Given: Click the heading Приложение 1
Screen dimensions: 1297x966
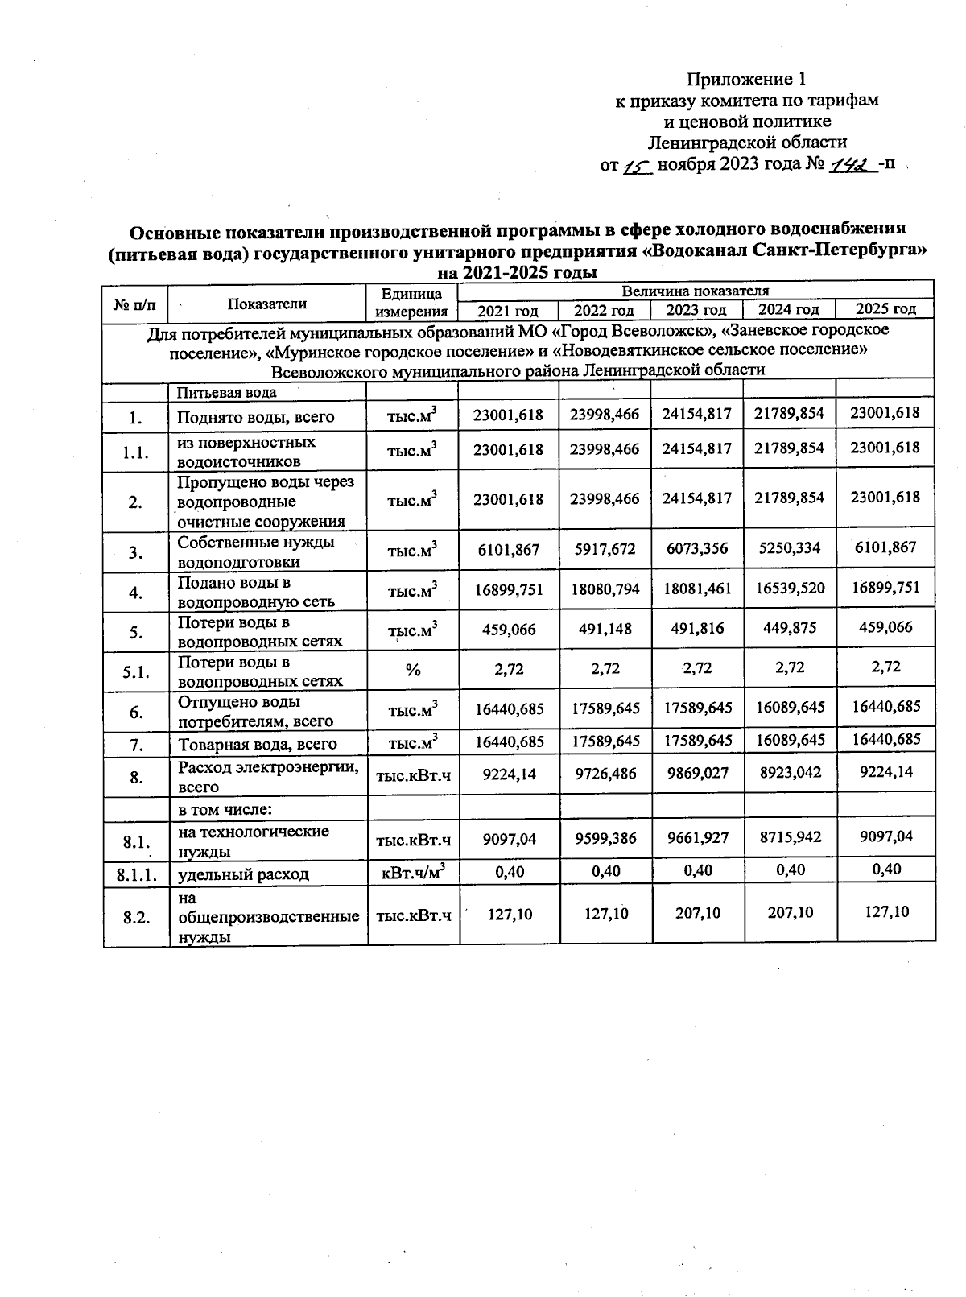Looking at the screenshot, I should tap(745, 79).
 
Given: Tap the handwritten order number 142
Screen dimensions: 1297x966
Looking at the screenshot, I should tap(851, 165).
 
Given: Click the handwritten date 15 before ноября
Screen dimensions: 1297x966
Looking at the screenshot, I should tap(637, 166).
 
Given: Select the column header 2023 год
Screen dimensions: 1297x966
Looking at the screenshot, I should tap(697, 310).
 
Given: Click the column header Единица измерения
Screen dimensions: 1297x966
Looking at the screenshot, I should tap(412, 303).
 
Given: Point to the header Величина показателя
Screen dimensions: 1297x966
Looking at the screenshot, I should tap(696, 291).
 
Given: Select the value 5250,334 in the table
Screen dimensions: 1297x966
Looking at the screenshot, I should tap(789, 548).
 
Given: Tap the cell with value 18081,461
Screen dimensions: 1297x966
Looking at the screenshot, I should tap(697, 589).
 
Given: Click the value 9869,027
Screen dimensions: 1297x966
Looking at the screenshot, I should tap(697, 773).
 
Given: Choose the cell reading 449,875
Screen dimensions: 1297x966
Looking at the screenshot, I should tap(789, 629).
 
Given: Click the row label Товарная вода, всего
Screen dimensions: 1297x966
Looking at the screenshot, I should tap(257, 744).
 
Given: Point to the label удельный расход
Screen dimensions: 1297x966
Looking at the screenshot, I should tap(243, 874).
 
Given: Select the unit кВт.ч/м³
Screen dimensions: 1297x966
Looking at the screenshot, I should tap(413, 872).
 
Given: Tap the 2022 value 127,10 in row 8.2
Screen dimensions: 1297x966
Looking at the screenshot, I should tap(606, 913).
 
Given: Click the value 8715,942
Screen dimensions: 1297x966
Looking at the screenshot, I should tap(789, 837).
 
